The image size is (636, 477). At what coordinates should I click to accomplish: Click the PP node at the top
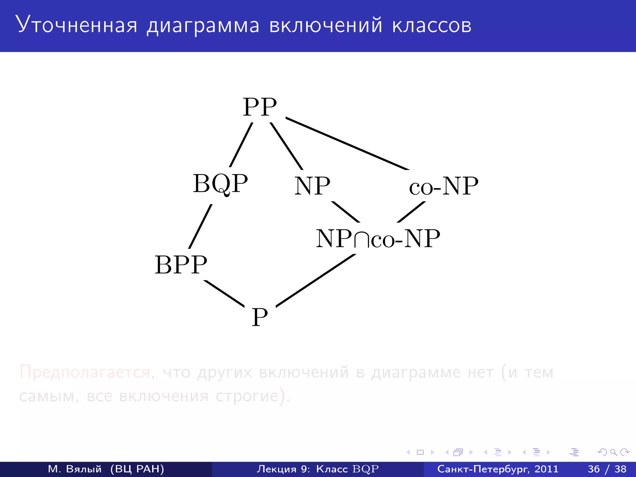click(260, 107)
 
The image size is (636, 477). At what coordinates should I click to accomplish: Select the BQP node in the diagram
click(220, 184)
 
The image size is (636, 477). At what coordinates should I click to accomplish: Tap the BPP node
click(181, 265)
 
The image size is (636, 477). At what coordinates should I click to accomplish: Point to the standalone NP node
click(312, 186)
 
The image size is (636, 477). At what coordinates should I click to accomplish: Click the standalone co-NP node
click(443, 186)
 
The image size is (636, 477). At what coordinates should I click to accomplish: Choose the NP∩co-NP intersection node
click(378, 239)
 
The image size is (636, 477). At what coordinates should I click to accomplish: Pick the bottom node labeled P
click(260, 317)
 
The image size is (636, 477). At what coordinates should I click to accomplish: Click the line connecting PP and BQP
click(241, 145)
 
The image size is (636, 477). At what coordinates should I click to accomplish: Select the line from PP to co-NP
click(347, 144)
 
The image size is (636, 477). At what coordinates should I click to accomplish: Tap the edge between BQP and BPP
click(201, 226)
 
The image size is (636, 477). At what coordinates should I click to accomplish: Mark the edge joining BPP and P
click(224, 293)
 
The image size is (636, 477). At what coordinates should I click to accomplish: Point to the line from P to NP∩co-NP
click(316, 280)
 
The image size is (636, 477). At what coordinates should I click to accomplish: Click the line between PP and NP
click(286, 146)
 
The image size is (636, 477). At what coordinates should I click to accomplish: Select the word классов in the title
click(432, 25)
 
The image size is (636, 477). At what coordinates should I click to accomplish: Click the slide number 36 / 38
click(607, 469)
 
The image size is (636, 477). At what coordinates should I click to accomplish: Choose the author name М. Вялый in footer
click(75, 469)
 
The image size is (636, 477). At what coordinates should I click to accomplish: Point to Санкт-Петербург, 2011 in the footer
click(498, 469)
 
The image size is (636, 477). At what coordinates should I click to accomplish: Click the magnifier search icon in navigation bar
click(613, 452)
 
